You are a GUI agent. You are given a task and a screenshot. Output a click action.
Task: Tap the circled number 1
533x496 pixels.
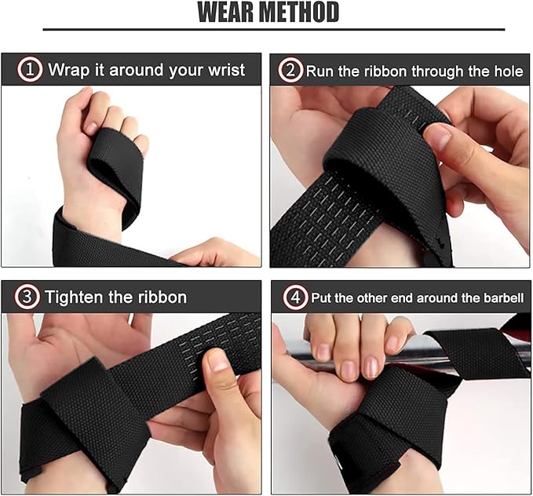(30, 70)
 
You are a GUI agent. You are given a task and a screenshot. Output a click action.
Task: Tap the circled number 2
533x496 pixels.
(290, 70)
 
